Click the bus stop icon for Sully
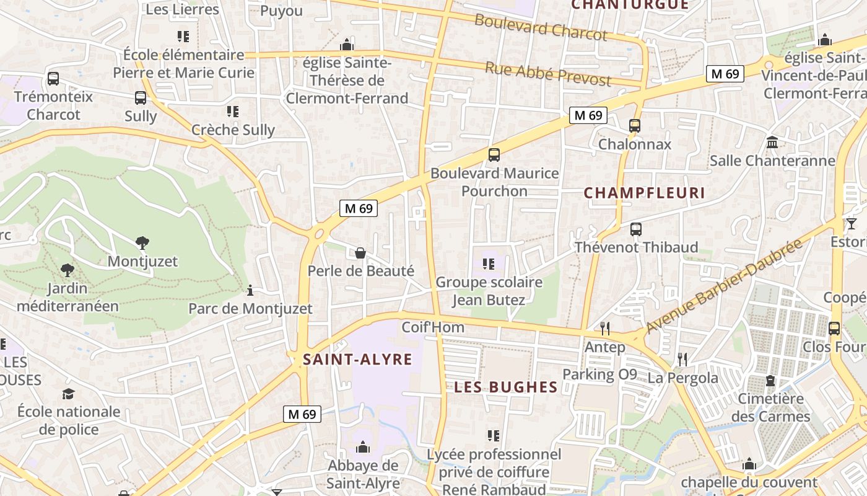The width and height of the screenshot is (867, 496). [x=141, y=97]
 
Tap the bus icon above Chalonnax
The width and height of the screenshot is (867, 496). [x=635, y=125]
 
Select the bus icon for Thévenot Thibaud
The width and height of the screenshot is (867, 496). [x=636, y=229]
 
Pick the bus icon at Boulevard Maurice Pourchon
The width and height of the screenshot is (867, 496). [x=494, y=155]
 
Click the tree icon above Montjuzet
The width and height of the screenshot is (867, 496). [x=142, y=242]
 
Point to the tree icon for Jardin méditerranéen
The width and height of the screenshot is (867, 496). [x=68, y=270]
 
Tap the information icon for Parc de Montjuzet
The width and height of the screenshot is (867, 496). [x=250, y=290]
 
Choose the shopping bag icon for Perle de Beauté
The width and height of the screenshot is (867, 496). [x=360, y=252]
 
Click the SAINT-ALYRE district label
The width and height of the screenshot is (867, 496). [x=357, y=360]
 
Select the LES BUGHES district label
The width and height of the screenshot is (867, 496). [x=506, y=387]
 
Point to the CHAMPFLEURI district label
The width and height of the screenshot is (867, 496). [x=645, y=193]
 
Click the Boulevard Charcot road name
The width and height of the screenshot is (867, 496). [x=541, y=28]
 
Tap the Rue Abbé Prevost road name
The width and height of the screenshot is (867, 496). [x=547, y=74]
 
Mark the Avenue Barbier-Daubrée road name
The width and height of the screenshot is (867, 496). [x=724, y=285]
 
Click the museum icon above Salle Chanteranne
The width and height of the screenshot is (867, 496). [x=772, y=143]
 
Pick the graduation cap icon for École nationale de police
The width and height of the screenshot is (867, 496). [x=68, y=394]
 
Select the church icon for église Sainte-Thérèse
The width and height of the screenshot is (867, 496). [x=347, y=45]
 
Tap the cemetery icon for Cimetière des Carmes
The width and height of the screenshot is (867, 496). [x=770, y=380]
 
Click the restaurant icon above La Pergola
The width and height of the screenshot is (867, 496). [x=682, y=358]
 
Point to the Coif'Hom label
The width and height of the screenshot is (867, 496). [x=433, y=327]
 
